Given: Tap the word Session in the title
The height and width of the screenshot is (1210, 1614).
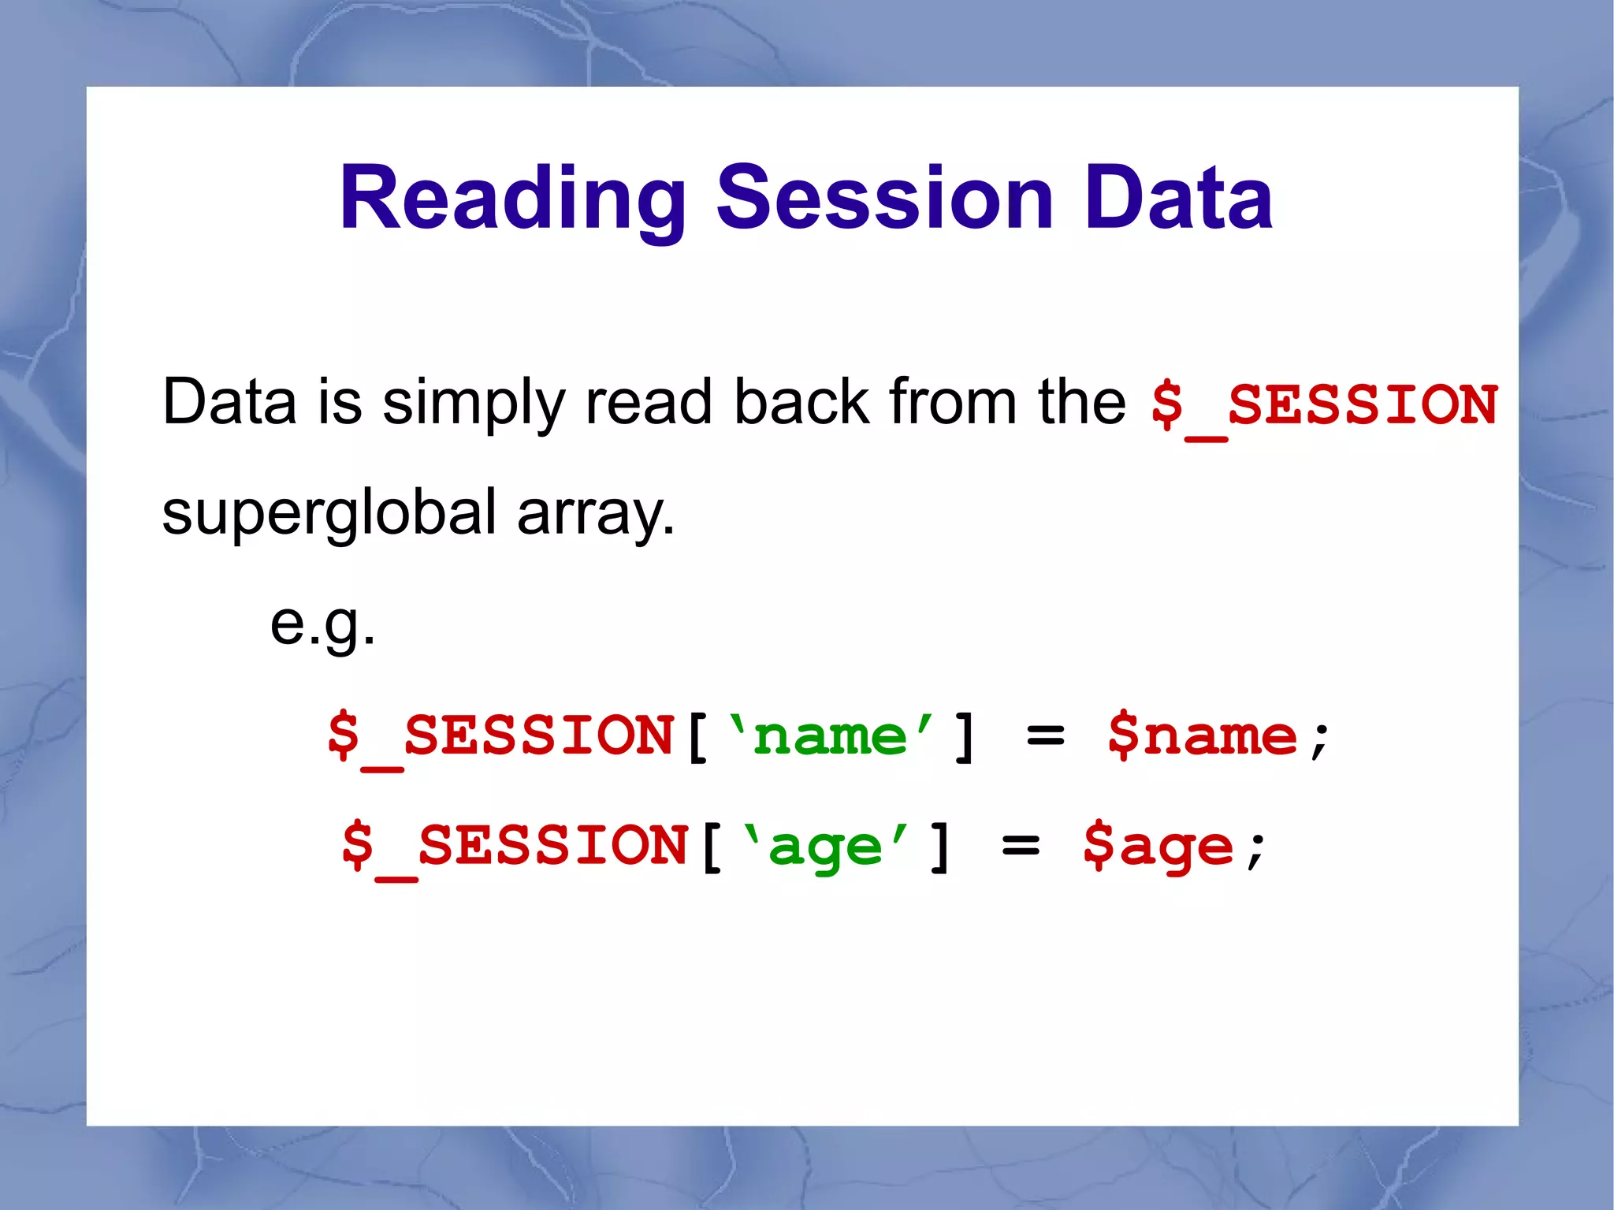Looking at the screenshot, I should [884, 199].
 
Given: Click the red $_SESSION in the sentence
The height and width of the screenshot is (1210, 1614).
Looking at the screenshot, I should [1323, 405].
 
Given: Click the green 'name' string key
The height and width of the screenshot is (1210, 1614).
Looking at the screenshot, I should [831, 736].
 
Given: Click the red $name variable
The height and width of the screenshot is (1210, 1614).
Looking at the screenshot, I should [1202, 736].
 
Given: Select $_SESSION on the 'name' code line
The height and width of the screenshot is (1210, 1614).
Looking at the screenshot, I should [500, 736].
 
